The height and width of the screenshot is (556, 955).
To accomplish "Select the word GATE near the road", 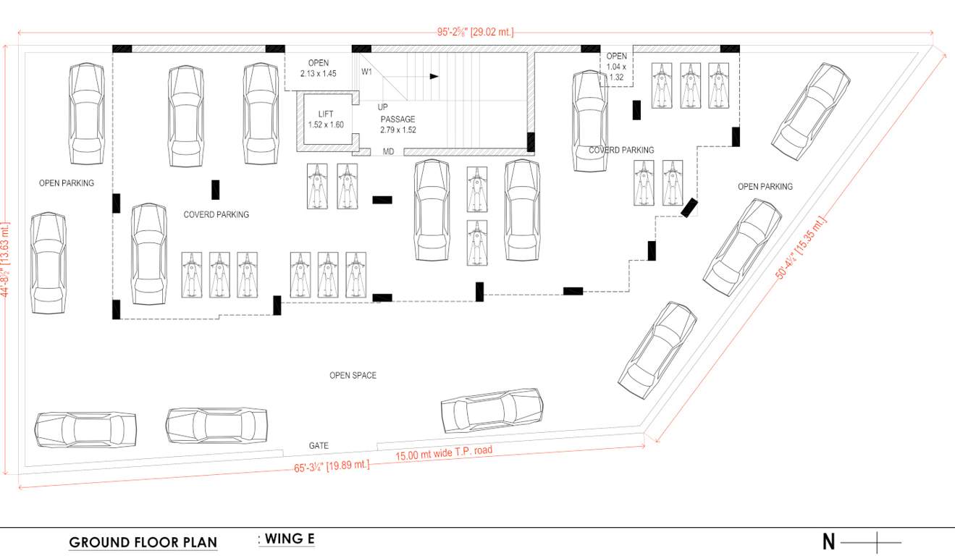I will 319,446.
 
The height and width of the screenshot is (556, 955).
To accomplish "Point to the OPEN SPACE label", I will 353,376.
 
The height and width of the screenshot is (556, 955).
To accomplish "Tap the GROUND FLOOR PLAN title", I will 143,542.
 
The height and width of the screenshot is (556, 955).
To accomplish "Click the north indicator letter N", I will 828,542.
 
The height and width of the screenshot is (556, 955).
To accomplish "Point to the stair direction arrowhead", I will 434,75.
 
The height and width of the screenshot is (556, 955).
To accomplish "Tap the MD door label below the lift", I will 388,152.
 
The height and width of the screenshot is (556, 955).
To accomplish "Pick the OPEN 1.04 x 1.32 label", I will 616,67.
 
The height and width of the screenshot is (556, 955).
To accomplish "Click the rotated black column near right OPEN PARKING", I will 690,208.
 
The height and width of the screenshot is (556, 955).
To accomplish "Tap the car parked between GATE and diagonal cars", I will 492,410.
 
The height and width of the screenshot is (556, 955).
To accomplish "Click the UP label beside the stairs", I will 382,107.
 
